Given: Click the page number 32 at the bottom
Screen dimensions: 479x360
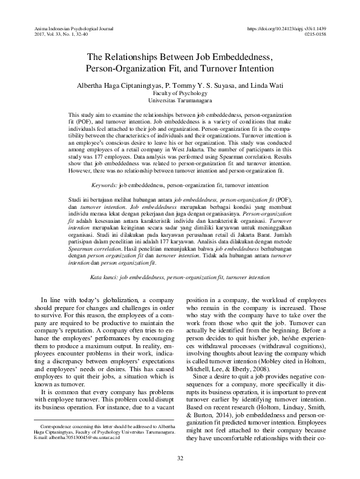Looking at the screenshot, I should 180,458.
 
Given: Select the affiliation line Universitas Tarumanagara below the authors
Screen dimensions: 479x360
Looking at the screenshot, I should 180,101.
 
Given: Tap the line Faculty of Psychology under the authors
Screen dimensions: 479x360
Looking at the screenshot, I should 180,94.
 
